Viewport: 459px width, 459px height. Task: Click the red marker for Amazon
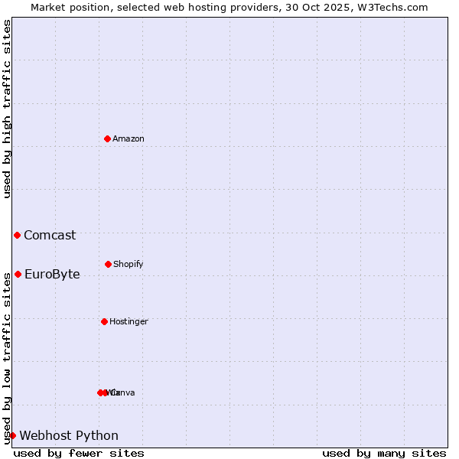click(107, 138)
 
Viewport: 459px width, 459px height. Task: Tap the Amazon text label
click(129, 139)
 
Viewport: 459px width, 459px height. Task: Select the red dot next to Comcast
click(17, 235)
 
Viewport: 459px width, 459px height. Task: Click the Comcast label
click(50, 236)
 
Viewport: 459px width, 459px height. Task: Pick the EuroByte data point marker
click(18, 274)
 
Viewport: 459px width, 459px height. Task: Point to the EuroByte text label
click(52, 275)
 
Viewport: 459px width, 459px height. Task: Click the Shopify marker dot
click(108, 264)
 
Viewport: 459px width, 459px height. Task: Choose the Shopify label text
click(129, 265)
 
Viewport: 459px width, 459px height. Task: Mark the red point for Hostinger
click(104, 321)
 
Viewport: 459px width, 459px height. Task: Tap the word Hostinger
click(129, 322)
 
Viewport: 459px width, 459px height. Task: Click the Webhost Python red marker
click(12, 435)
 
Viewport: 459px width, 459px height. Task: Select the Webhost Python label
click(69, 436)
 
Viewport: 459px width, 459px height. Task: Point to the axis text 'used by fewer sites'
click(79, 453)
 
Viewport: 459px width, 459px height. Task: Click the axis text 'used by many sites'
click(384, 453)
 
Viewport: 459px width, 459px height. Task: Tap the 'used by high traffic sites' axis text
click(7, 109)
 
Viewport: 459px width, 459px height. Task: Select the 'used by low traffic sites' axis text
click(7, 357)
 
